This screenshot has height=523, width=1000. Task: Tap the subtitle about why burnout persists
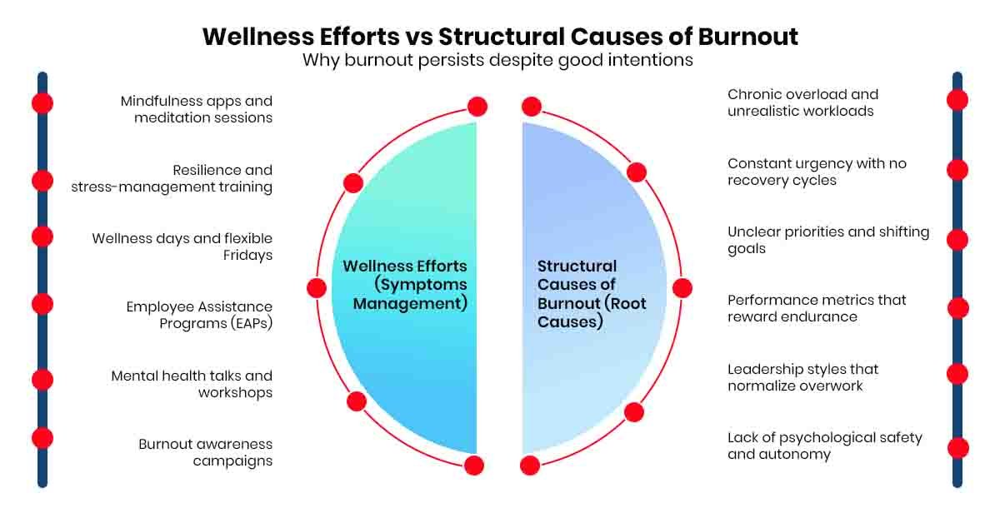tap(497, 61)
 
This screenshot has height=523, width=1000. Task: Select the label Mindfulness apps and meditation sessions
tap(197, 109)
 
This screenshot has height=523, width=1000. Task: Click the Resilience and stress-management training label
tap(172, 178)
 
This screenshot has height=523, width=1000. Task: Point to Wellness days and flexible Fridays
tap(182, 247)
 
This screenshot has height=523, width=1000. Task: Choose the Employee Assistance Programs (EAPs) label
tap(200, 315)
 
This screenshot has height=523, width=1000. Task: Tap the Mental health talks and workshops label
tap(192, 384)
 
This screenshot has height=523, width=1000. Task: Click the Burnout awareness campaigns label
tap(206, 452)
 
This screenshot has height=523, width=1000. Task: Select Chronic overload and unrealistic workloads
tap(803, 102)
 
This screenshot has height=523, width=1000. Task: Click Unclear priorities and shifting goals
tap(828, 240)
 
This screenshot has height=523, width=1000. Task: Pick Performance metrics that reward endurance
tap(817, 308)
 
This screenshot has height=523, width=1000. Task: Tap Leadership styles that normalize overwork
tap(803, 377)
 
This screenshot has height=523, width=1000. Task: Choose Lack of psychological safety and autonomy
tap(825, 446)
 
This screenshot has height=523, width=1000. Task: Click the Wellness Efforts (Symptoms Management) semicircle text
tap(406, 285)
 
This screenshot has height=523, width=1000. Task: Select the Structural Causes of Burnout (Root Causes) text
tap(592, 293)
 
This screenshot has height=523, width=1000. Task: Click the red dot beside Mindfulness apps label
tap(42, 102)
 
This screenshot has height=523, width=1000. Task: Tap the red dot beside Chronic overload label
tap(957, 100)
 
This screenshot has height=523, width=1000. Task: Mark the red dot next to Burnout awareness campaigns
tap(42, 438)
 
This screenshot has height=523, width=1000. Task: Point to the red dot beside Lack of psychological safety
tap(957, 448)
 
